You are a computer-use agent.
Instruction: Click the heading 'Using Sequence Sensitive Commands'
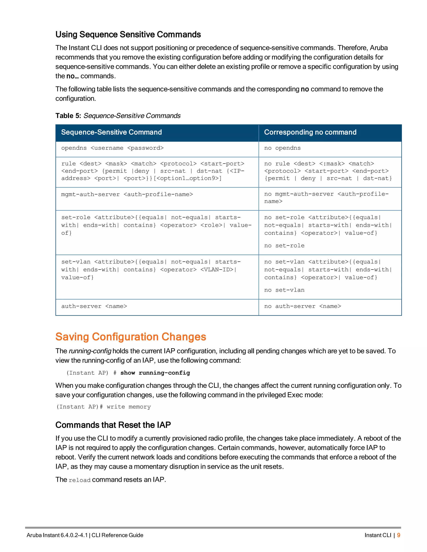128,34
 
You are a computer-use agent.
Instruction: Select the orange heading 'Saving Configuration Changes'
131,337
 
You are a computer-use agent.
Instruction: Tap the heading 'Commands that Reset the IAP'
113,425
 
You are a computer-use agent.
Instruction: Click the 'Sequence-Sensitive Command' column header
111,132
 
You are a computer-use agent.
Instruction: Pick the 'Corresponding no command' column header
310,132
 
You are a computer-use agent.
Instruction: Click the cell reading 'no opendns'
282,148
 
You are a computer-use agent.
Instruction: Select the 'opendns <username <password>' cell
112,148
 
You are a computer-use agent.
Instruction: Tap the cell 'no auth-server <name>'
303,306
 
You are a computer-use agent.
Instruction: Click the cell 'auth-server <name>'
94,306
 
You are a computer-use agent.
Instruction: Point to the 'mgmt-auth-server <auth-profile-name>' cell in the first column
127,194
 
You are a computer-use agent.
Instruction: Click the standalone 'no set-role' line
284,246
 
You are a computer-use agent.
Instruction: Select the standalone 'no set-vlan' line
284,290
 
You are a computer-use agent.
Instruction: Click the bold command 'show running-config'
155,373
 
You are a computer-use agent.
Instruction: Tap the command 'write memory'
128,407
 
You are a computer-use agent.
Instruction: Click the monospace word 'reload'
79,480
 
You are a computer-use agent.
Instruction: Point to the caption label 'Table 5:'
68,116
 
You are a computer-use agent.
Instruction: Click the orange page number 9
398,535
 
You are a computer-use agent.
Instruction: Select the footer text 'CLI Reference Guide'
117,535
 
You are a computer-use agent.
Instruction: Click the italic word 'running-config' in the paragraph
90,351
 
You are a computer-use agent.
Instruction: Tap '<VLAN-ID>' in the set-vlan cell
217,270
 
